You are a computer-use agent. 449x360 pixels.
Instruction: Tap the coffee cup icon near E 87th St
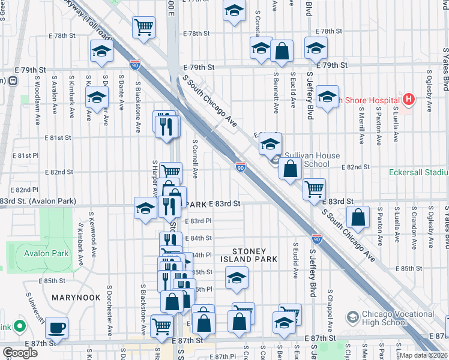pos(57,328)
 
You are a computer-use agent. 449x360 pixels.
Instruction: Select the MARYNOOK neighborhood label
pos(71,297)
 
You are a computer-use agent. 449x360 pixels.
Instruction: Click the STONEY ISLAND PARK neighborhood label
pos(255,254)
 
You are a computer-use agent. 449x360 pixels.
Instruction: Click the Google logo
pos(20,352)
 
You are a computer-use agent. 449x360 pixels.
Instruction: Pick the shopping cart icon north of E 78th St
pos(143,27)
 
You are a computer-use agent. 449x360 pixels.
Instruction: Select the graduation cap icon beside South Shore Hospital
pos(327,97)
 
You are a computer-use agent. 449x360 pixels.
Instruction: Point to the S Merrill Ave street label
pos(361,125)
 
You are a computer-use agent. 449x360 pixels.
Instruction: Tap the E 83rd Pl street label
pos(198,221)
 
